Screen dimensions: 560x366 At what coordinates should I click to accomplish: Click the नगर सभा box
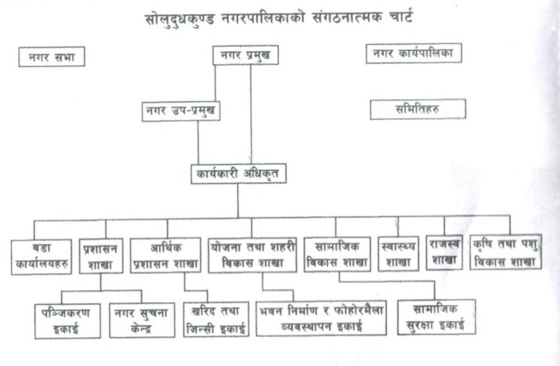(52, 57)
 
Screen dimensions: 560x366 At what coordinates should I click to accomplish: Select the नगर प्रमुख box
(245, 55)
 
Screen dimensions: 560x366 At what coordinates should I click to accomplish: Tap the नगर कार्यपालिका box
(413, 54)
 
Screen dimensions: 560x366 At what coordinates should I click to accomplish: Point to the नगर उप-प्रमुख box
(181, 112)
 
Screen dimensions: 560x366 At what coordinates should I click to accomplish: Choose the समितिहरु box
(418, 109)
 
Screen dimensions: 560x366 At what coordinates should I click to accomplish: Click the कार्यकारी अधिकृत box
(238, 174)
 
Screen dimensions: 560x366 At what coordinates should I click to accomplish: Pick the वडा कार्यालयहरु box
(42, 257)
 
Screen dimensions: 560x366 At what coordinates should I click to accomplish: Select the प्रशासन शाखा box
(100, 256)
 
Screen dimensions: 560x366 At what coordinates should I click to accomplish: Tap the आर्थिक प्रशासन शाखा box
(165, 255)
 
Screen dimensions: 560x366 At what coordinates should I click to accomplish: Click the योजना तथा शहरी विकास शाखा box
(252, 255)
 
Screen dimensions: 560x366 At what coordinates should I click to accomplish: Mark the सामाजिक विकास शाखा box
(337, 254)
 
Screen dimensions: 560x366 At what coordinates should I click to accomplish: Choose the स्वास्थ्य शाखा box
(398, 254)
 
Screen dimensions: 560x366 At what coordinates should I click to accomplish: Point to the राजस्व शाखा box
(444, 252)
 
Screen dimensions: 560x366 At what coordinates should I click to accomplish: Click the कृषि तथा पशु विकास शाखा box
(506, 251)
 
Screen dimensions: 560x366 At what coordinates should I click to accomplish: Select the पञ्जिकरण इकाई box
(68, 321)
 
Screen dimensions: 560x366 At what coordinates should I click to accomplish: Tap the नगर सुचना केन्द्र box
(142, 321)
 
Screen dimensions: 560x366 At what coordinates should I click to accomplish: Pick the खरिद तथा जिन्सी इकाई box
(216, 319)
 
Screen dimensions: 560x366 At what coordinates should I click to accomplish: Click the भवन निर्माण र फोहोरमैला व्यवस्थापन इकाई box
(321, 318)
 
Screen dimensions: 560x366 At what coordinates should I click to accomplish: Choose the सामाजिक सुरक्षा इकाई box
(437, 317)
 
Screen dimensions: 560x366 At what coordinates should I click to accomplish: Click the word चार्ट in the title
(401, 17)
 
